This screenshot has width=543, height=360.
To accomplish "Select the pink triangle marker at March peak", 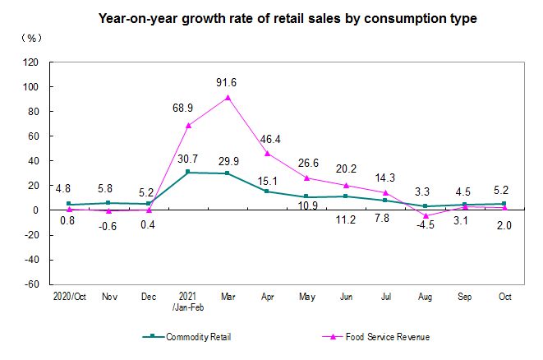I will (x=228, y=97).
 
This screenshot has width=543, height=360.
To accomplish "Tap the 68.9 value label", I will (x=189, y=108).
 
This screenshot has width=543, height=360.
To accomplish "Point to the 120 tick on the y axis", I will (x=31, y=62).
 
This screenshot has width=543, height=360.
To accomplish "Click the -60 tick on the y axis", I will (x=31, y=284).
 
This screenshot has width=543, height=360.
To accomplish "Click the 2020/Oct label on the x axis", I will (x=69, y=297).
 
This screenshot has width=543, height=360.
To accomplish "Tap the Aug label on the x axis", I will (x=424, y=297).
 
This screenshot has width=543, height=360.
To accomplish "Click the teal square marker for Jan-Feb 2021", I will (x=188, y=173).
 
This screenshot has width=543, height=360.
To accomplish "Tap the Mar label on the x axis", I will (x=228, y=297).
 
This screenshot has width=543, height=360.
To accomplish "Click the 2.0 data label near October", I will (x=504, y=226).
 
